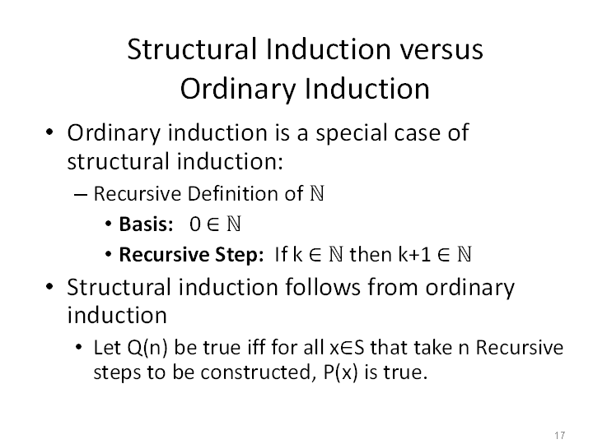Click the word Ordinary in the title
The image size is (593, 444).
point(238,89)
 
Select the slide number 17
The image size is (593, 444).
point(560,435)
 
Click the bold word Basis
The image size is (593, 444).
point(146,224)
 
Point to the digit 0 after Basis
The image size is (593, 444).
point(194,224)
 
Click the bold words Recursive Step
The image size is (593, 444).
point(191,255)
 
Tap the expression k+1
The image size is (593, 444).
point(414,254)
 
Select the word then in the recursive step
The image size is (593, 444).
point(371,254)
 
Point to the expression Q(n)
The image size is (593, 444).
point(147,348)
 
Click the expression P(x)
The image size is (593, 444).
point(340,372)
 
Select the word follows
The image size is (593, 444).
point(323,287)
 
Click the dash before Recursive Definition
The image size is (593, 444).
point(81,195)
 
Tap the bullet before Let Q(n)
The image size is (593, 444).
point(78,347)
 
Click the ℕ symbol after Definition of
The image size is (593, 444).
point(317,193)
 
